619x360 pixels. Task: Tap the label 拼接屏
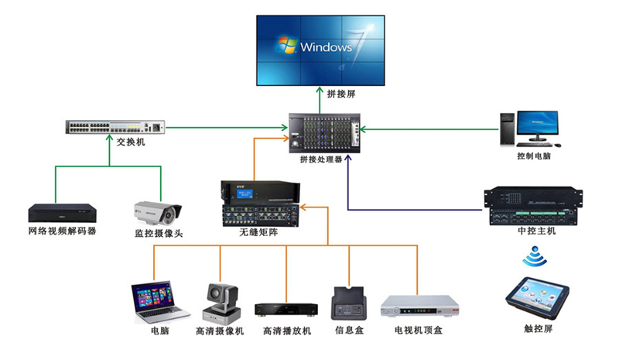coord(320,94)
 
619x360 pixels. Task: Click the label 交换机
coord(131,143)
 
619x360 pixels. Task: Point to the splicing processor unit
coord(325,132)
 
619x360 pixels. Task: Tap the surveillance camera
coord(158,211)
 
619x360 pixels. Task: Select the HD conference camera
coord(218,303)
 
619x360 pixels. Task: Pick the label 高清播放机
coord(286,331)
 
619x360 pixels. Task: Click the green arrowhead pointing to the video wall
coord(320,90)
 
